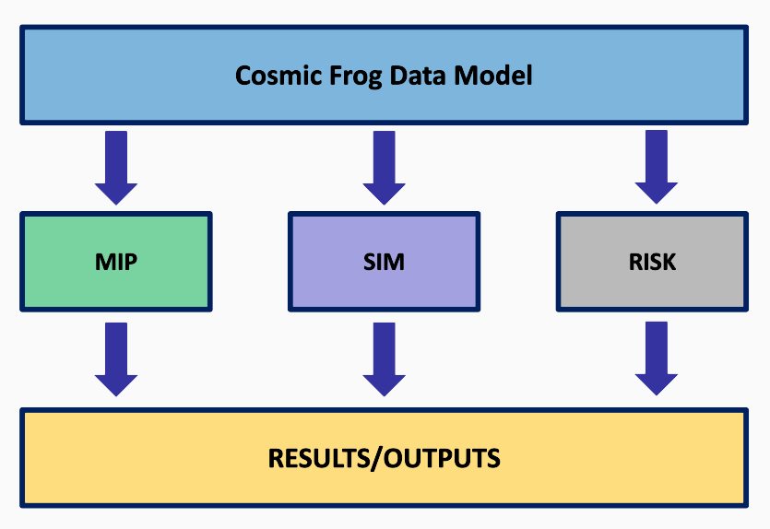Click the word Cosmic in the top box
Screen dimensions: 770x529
pyautogui.click(x=278, y=76)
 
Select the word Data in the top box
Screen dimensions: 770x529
pyautogui.click(x=419, y=76)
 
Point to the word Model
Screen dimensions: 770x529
pyautogui.click(x=493, y=76)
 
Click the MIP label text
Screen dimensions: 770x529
pyautogui.click(x=116, y=262)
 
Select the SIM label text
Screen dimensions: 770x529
pyautogui.click(x=384, y=262)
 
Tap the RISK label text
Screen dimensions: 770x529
pyautogui.click(x=652, y=262)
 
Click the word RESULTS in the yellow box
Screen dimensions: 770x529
pyautogui.click(x=320, y=458)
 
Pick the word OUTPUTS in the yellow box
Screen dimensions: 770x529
pyautogui.click(x=442, y=458)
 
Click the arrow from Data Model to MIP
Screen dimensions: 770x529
pyautogui.click(x=116, y=168)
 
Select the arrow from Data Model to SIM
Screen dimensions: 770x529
pyautogui.click(x=384, y=168)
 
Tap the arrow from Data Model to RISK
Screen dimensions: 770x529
pyautogui.click(x=657, y=167)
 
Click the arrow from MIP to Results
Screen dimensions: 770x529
pyautogui.click(x=116, y=359)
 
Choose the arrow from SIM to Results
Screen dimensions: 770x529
pyautogui.click(x=384, y=359)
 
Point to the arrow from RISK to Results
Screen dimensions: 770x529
pyautogui.click(x=657, y=359)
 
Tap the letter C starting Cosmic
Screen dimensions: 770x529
pyautogui.click(x=243, y=76)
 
